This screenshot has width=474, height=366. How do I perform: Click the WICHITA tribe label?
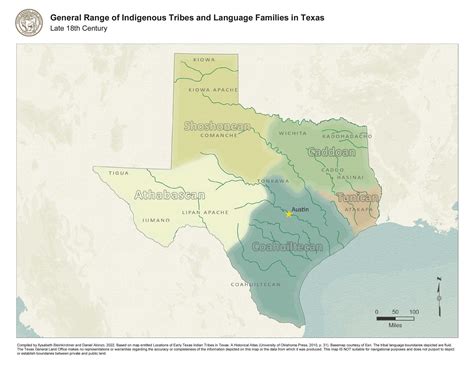coord(294,132)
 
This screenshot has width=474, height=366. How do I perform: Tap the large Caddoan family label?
coord(331,153)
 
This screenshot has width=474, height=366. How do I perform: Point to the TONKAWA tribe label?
coord(272,180)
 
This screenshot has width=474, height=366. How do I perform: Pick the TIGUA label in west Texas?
coord(119,172)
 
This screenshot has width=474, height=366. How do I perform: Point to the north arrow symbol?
coord(438,297)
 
